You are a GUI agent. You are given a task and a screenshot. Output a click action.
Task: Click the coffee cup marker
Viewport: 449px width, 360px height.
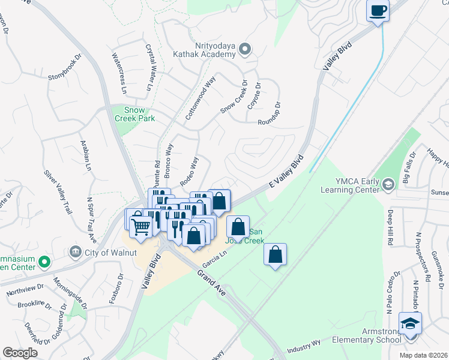click(x=378, y=11)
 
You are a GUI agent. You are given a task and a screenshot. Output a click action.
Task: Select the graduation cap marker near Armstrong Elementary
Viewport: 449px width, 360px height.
click(x=410, y=324)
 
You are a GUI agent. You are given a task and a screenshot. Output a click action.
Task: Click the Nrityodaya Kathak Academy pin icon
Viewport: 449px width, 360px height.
click(x=244, y=49)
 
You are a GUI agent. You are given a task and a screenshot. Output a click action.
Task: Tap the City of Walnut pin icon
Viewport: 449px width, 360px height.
click(x=76, y=251)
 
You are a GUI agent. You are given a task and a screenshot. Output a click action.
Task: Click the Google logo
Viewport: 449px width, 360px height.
click(x=20, y=353)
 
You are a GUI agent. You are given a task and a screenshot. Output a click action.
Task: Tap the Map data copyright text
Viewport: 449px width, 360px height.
click(x=423, y=355)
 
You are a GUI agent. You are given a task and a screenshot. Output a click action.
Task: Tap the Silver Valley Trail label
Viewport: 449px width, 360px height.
click(x=56, y=193)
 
